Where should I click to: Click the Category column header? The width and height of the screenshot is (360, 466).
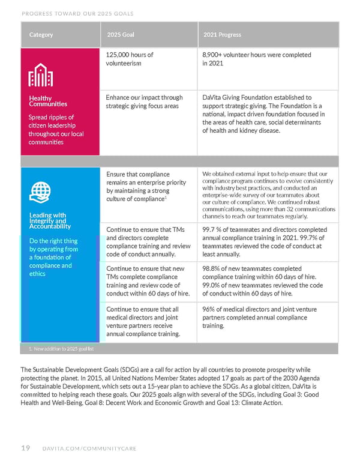(x=41, y=35)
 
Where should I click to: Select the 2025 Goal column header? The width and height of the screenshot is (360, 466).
(x=121, y=35)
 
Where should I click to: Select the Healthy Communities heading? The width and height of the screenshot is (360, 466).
(x=40, y=101)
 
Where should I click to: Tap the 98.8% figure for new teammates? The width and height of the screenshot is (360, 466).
(x=212, y=268)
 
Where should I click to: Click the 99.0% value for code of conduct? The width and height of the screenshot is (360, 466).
(x=212, y=285)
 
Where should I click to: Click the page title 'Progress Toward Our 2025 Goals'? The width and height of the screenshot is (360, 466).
(x=77, y=13)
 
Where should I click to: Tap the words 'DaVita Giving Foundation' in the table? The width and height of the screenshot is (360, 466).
(x=239, y=97)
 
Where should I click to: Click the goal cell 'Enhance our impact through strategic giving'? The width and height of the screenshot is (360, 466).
(x=143, y=101)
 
